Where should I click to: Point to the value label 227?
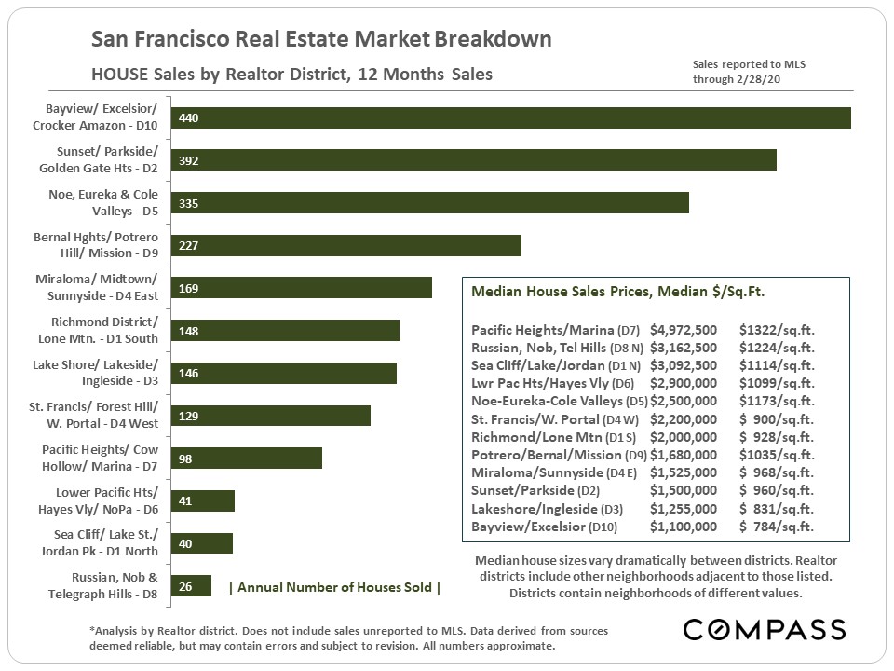189,246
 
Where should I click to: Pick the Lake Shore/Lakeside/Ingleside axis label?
95,373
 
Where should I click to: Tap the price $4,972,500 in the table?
683,330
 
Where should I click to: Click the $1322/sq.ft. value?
777,330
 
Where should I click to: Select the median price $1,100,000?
683,527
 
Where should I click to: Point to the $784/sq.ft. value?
777,527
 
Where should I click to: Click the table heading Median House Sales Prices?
618,292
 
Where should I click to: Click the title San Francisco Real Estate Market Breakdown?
321,40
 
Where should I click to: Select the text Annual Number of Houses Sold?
334,587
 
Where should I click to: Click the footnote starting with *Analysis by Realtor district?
348,638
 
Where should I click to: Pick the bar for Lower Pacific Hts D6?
203,500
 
